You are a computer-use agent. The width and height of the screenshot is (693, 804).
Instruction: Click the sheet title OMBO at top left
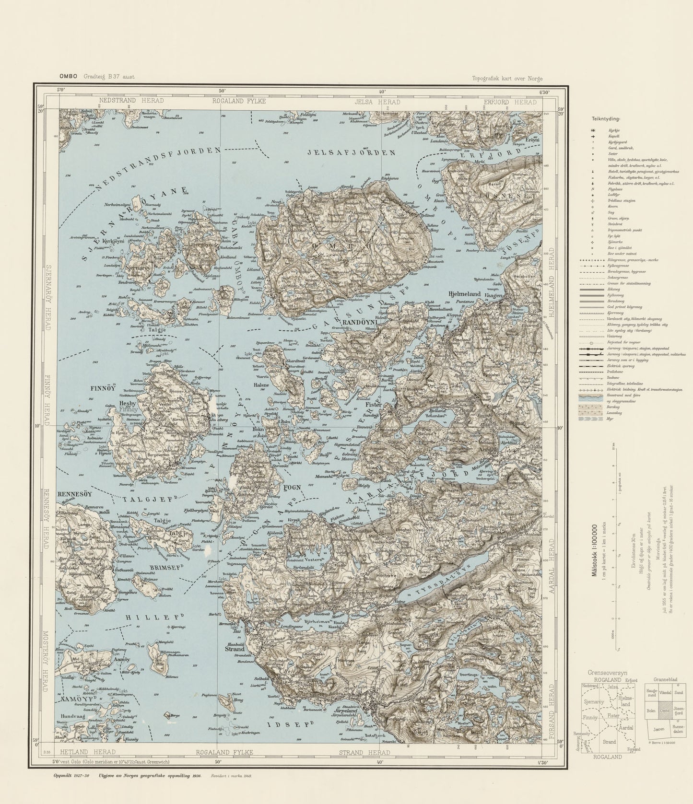point(68,76)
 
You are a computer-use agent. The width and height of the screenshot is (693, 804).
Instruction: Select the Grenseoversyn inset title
point(603,674)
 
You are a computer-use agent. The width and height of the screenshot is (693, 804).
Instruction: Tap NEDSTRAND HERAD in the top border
point(131,101)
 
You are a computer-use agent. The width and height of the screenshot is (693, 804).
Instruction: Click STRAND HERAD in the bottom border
point(364,752)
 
